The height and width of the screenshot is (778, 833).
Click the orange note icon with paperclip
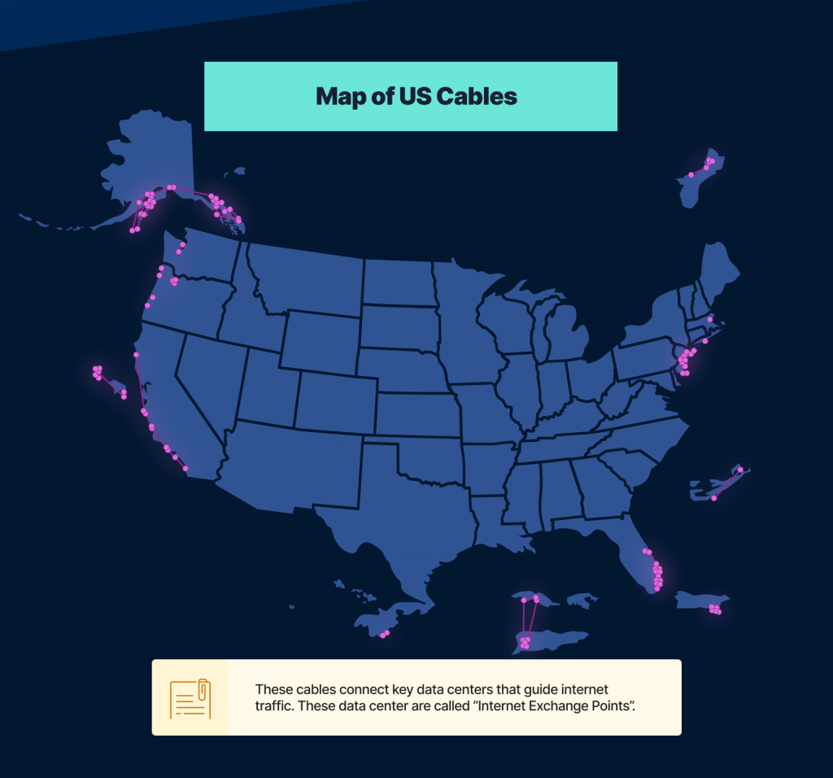(190, 697)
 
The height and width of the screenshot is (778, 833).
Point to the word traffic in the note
(274, 705)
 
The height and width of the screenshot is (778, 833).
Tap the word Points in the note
(604, 705)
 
